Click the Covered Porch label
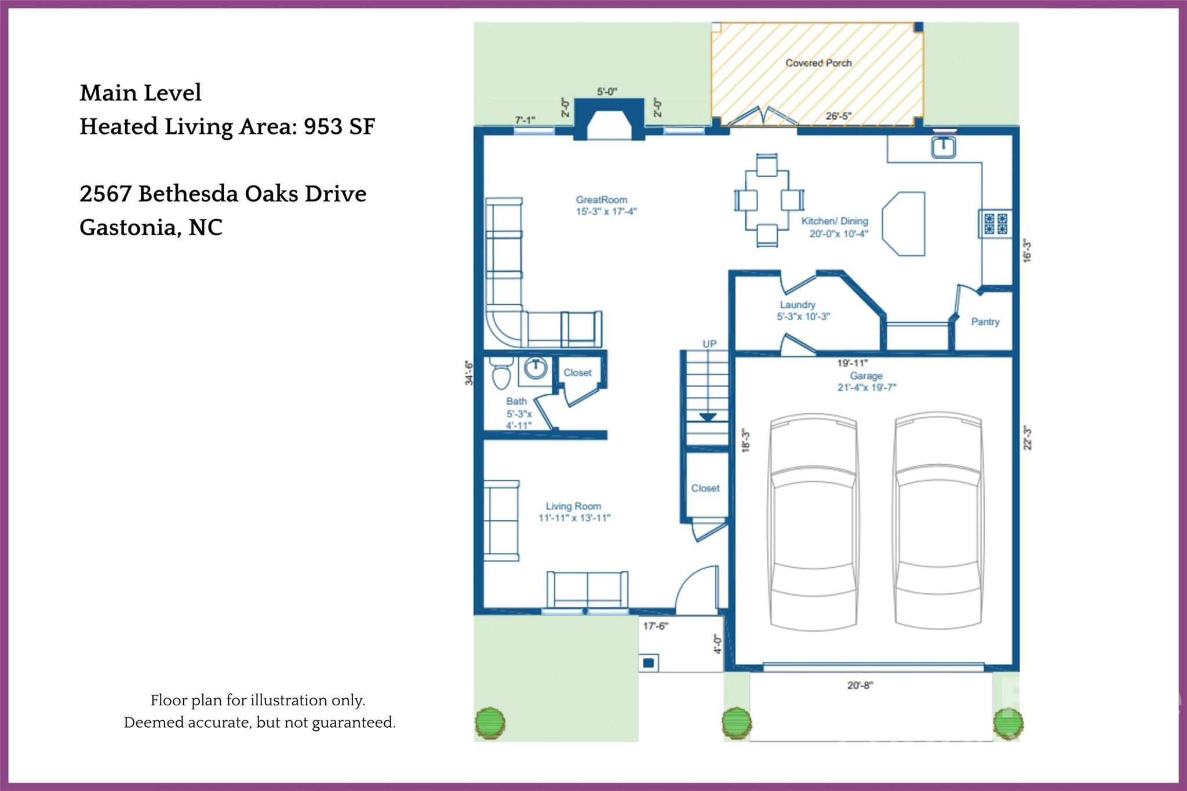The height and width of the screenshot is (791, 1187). click(818, 63)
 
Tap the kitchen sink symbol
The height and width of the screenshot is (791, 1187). click(943, 147)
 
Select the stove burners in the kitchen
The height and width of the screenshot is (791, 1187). click(996, 224)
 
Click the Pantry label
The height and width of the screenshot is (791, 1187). click(985, 322)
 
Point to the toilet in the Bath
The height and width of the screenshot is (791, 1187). click(501, 374)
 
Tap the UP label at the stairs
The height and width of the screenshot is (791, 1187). click(709, 344)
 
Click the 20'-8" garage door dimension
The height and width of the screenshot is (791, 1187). click(860, 686)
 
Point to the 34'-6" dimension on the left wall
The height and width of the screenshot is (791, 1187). click(469, 373)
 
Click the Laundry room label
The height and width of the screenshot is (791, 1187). click(798, 305)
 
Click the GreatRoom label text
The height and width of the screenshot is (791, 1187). click(601, 200)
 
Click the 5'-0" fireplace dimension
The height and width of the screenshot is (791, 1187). click(607, 92)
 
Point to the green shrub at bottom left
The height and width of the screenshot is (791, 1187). click(490, 723)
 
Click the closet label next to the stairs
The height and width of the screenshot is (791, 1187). click(705, 489)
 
